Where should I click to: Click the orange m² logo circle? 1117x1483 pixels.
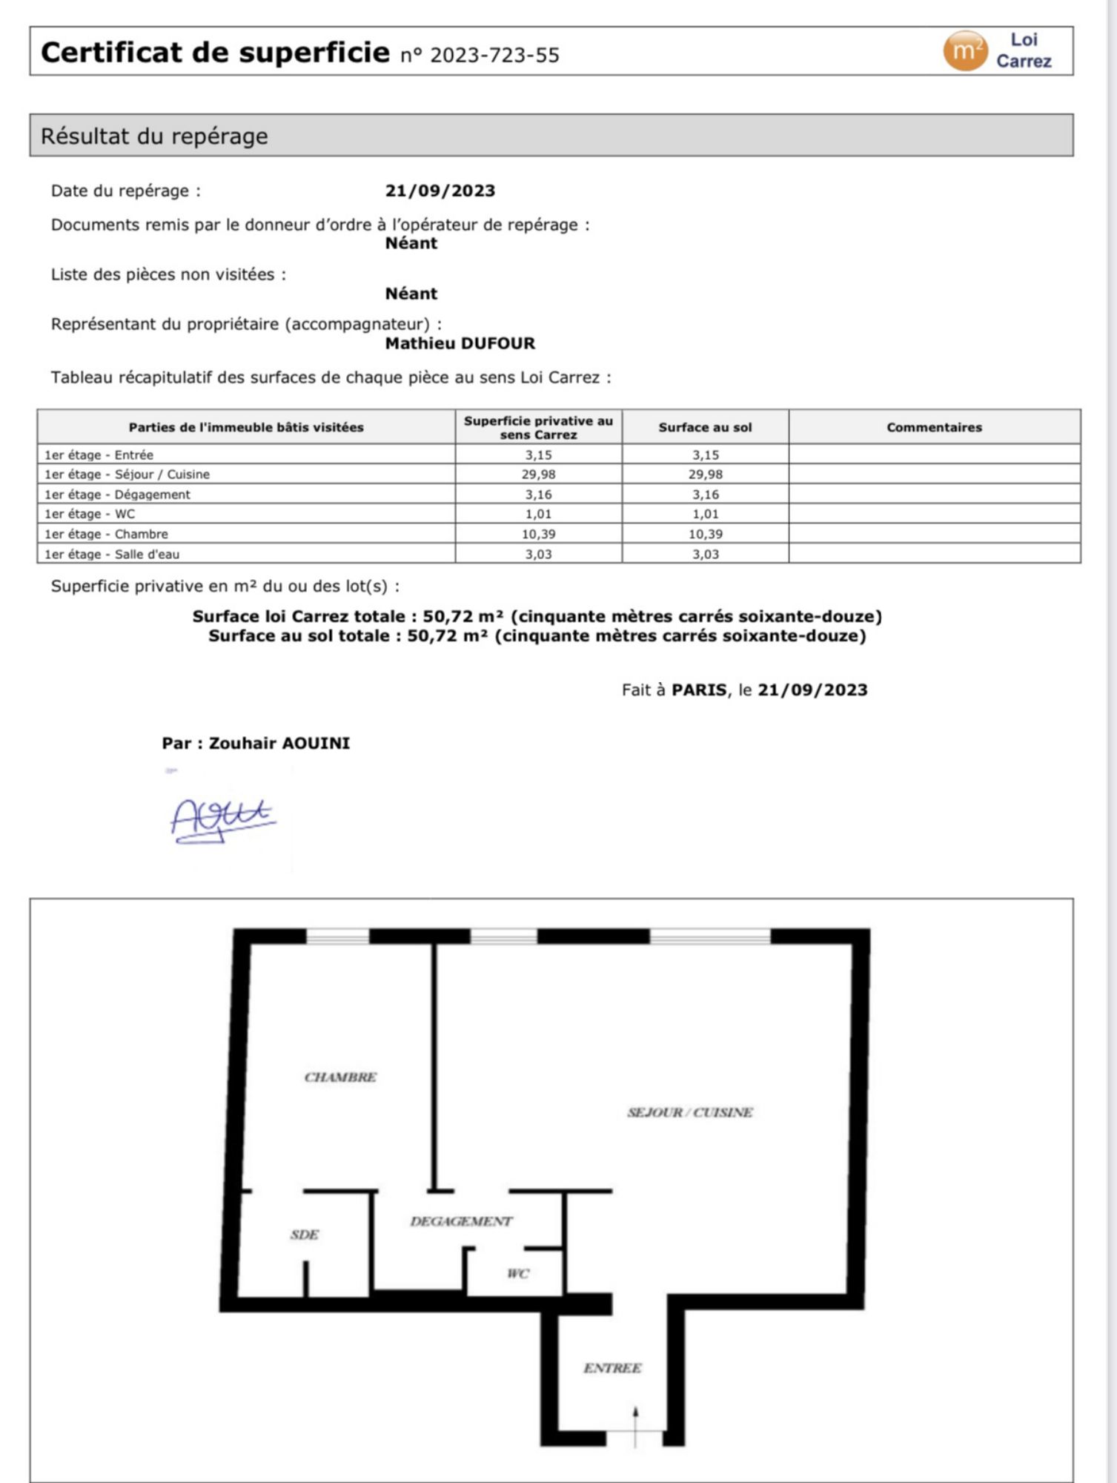coord(965,50)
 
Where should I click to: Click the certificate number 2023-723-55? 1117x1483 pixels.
coord(494,56)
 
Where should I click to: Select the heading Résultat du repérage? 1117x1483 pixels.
coord(154,136)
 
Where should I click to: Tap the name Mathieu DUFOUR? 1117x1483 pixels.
coord(460,343)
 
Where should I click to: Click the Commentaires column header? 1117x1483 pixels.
coord(934,427)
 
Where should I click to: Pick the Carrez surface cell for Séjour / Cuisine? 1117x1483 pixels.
coord(539,474)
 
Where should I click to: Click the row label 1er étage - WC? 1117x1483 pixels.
coord(90,514)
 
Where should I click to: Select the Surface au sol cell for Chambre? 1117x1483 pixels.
coord(705,534)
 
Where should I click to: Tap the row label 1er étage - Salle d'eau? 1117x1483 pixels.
coord(112,554)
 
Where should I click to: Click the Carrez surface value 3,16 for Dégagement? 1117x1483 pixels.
coord(539,495)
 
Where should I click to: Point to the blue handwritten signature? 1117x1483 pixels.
coord(222,819)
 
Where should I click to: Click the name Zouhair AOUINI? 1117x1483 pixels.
coord(279,743)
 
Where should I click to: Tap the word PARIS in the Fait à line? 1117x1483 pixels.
coord(699,690)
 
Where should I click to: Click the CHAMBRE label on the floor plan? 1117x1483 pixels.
coord(340,1077)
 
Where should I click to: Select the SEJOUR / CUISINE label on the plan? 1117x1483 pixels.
coord(690,1112)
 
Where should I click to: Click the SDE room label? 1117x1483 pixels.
coord(304,1235)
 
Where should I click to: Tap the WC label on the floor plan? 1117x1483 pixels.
coord(517,1274)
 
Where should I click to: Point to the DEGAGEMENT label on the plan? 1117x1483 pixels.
coord(461,1221)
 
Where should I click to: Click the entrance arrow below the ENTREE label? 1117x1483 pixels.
coord(635,1426)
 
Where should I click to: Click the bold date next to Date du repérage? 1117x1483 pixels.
coord(440,191)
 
